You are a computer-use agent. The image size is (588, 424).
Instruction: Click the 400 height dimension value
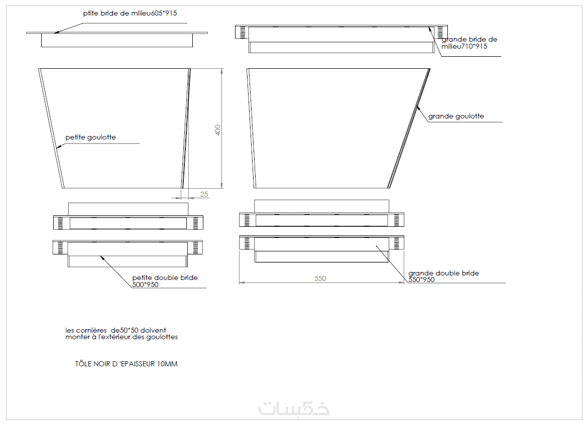point(218,130)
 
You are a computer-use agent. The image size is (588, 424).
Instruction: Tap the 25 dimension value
point(204,194)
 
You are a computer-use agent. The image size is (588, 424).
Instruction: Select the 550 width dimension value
point(320,278)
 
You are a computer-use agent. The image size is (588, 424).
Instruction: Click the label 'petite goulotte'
point(91,137)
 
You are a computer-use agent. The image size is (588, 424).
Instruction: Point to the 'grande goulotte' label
point(456,116)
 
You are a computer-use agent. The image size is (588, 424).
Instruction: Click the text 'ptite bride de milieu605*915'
point(130,13)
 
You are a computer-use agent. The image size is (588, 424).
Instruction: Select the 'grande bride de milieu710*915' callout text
point(469,43)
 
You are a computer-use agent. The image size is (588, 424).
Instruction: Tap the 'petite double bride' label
point(165,277)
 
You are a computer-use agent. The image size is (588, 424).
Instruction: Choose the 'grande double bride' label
point(443,273)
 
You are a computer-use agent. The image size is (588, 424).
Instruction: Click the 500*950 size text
point(146,285)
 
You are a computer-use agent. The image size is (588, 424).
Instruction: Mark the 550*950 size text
point(421,279)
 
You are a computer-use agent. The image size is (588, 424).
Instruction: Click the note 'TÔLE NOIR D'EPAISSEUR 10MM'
point(127,364)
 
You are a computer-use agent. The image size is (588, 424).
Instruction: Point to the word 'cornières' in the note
point(91,330)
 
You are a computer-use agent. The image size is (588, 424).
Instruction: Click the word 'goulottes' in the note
point(162,337)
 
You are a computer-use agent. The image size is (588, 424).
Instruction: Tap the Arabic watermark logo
point(294,408)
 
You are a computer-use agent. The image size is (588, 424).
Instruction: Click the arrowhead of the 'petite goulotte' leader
point(58,148)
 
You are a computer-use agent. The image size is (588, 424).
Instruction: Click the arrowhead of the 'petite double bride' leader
point(101,257)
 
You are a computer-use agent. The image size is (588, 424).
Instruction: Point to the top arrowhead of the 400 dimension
point(221,71)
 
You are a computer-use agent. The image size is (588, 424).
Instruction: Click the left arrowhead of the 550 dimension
point(242,282)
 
